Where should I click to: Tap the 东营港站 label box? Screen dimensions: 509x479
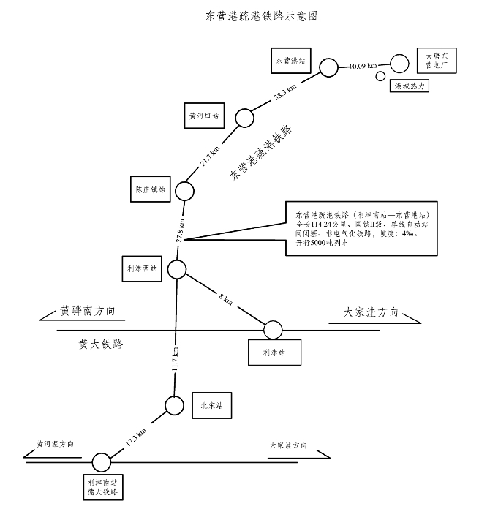[x=290, y=59]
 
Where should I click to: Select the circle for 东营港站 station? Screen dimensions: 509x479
[x=329, y=67]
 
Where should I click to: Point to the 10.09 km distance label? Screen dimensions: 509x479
[x=363, y=66]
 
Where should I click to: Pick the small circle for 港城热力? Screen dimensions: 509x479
[x=380, y=76]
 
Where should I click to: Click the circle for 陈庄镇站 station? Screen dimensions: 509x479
[x=184, y=191]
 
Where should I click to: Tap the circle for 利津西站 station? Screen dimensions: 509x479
[x=176, y=269]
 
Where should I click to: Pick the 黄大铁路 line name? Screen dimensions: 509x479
[x=99, y=342]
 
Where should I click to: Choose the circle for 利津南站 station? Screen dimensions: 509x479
[x=101, y=462]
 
